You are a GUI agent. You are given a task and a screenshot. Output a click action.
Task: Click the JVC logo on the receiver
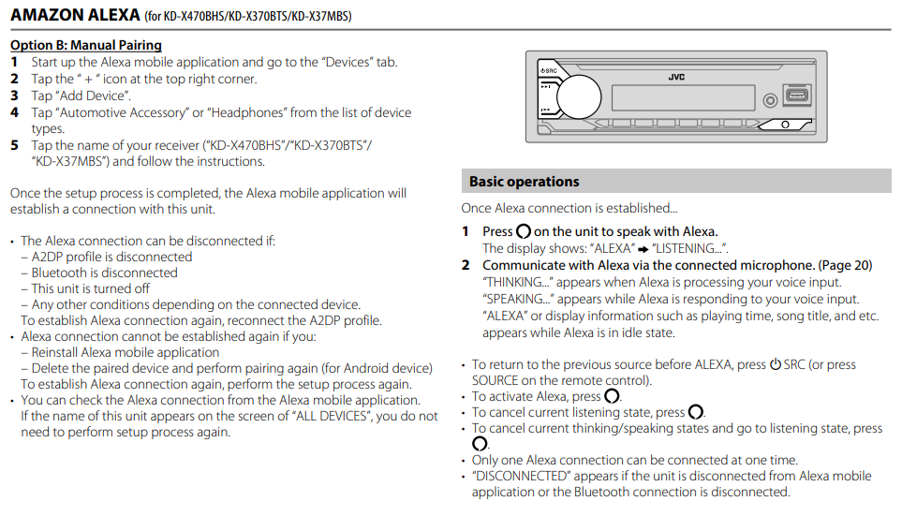(x=676, y=77)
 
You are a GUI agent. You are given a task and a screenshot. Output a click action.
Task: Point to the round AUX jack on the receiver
(x=770, y=99)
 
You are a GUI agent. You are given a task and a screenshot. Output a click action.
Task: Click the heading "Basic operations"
(x=525, y=182)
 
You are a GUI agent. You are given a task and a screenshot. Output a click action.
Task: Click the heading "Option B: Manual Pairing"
(x=86, y=45)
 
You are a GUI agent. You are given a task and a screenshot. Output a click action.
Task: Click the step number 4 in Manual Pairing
(x=14, y=112)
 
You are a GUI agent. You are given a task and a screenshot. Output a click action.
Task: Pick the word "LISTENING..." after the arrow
(x=688, y=248)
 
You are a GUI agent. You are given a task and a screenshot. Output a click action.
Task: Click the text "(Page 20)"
(x=845, y=265)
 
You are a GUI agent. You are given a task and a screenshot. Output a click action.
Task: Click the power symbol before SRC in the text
(x=776, y=364)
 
